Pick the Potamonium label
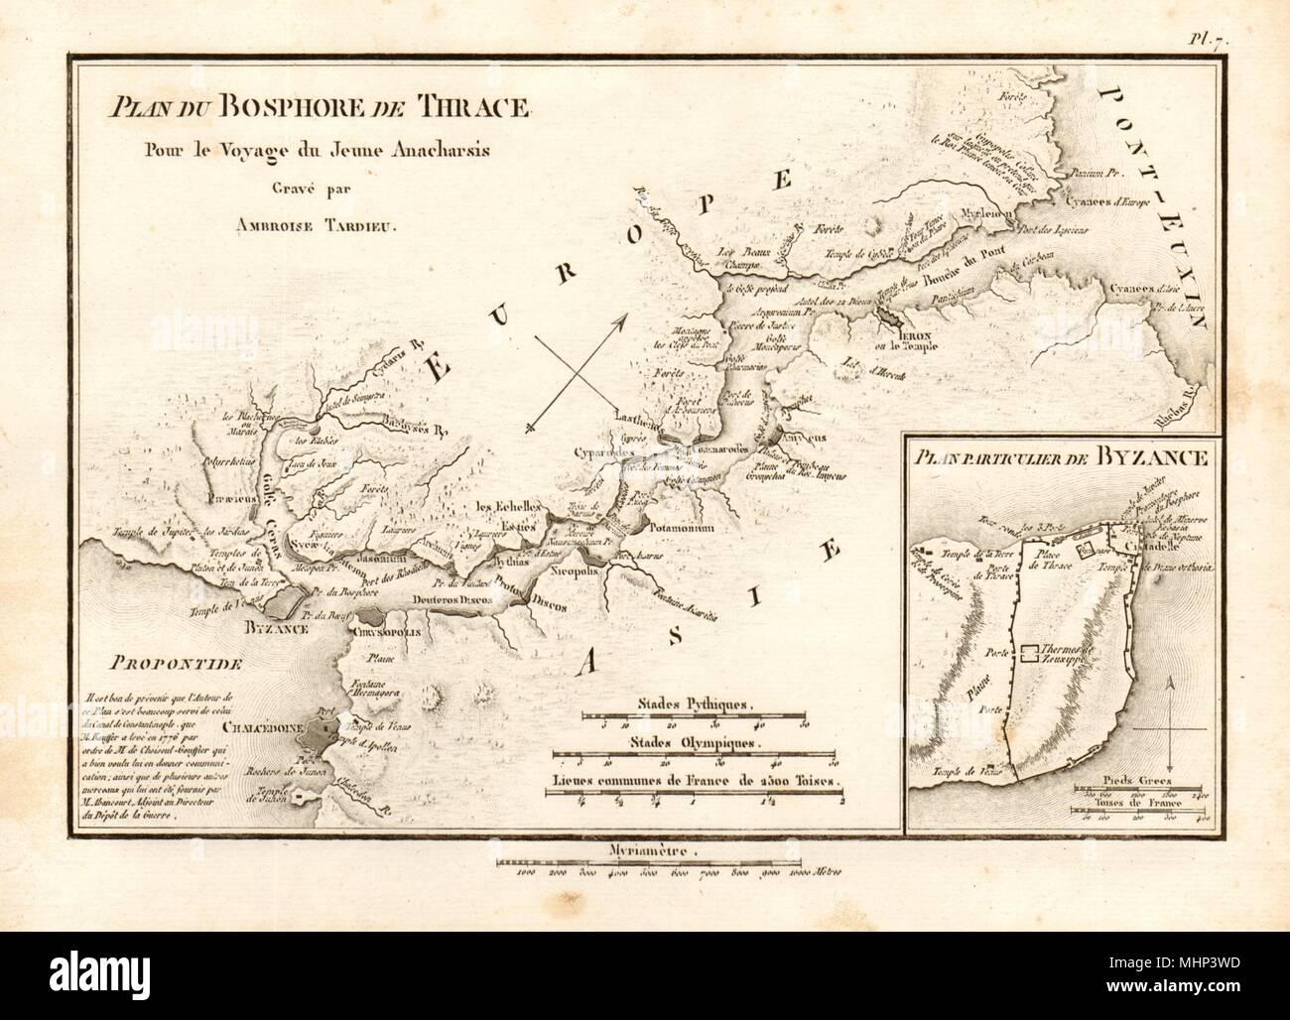[681, 531]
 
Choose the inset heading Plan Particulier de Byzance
[1060, 457]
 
